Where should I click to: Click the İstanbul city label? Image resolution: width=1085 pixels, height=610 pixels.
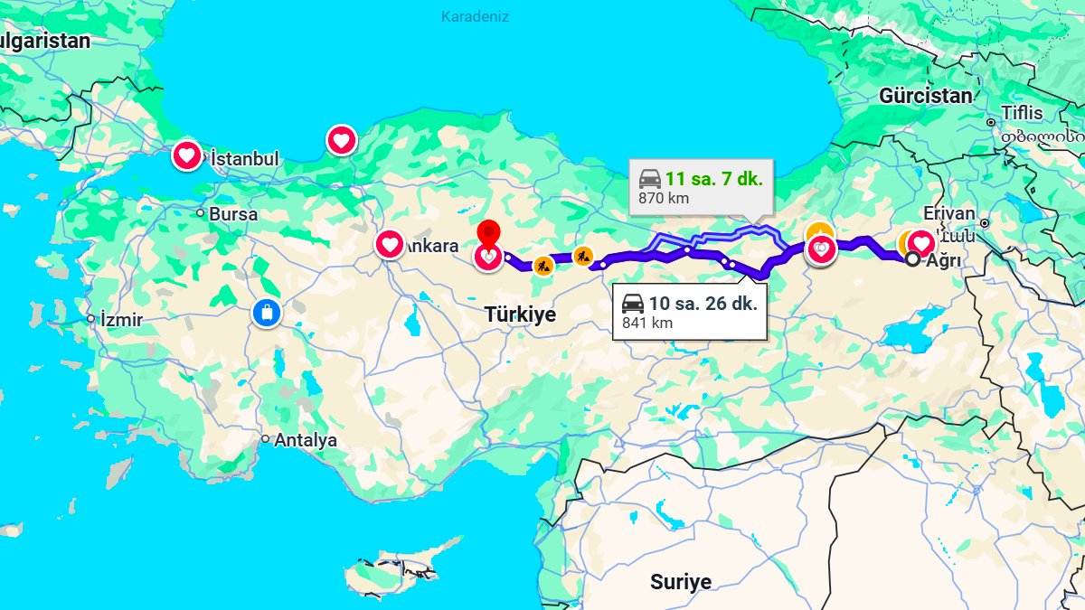tap(244, 159)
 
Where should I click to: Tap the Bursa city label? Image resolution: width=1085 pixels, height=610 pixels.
tap(232, 214)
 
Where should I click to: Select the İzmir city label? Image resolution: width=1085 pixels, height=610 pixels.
tap(122, 319)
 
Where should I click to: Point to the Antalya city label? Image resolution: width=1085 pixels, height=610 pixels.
tap(305, 440)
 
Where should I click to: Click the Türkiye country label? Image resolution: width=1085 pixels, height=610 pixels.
tap(520, 314)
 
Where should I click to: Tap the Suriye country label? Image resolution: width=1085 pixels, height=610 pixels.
tap(681, 581)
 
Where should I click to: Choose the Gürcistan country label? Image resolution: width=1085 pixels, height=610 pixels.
tap(926, 96)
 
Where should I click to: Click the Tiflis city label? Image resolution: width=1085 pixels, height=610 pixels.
tap(1021, 114)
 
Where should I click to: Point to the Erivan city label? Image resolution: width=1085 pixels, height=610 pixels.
tap(949, 214)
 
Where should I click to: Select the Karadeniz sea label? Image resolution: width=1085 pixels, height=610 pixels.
tap(476, 17)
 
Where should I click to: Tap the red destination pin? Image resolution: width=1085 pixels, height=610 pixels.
tap(488, 233)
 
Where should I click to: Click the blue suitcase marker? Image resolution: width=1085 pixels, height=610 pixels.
tap(267, 313)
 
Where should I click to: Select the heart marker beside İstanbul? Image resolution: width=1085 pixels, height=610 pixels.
tap(186, 155)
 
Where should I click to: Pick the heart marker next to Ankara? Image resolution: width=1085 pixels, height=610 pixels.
tap(390, 244)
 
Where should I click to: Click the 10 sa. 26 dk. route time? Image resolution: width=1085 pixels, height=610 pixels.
tap(703, 304)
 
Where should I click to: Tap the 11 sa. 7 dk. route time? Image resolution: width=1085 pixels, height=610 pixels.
tap(713, 178)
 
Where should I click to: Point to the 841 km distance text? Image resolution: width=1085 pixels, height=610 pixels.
tap(647, 323)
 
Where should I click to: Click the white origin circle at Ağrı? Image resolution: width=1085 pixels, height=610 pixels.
tap(912, 259)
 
